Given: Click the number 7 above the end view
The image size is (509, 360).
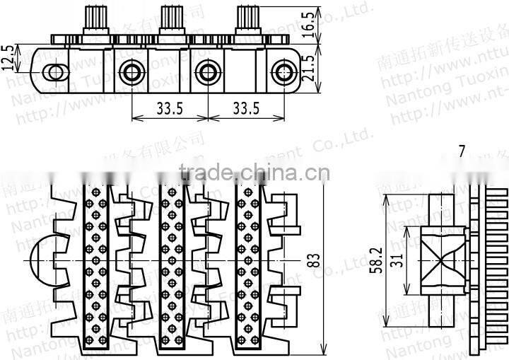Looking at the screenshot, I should point(461,151).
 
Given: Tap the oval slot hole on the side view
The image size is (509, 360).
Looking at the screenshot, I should point(54,71).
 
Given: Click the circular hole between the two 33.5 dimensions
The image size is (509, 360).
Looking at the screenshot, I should point(206,71).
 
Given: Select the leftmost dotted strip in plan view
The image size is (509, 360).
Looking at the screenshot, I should point(97,269).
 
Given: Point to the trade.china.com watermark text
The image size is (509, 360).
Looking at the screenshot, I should point(255,172).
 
